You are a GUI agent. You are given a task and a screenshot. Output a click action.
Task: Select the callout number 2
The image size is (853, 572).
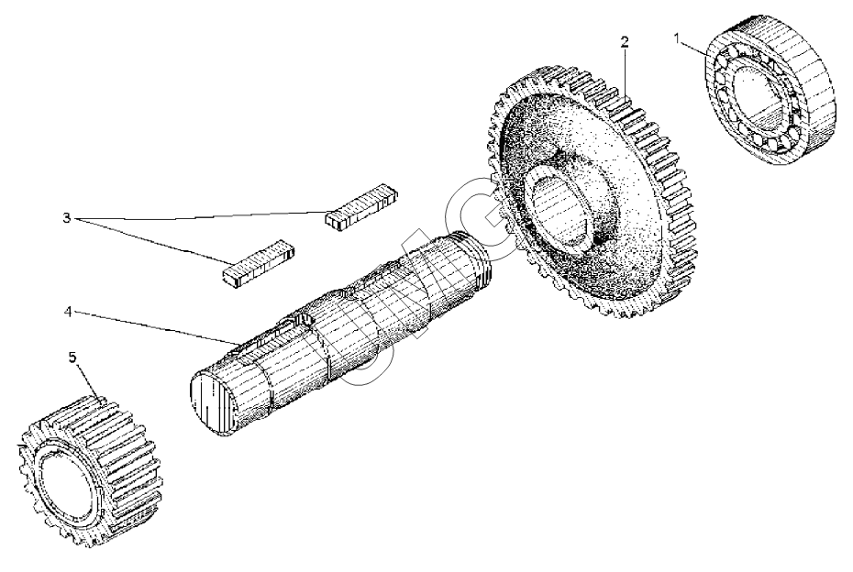click(x=624, y=41)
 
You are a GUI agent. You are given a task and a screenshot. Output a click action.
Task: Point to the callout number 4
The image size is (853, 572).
click(x=68, y=312)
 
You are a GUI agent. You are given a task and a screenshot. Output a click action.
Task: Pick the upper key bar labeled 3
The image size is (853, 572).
click(x=363, y=210)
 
